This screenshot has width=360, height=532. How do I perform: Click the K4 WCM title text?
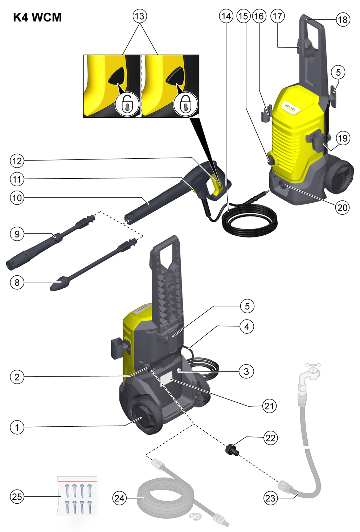point(37,17)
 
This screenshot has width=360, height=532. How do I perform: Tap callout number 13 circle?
point(140,16)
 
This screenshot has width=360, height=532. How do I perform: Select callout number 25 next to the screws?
point(17,497)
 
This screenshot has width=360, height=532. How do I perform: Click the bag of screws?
point(77,496)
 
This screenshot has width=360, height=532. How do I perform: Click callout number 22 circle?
point(270,438)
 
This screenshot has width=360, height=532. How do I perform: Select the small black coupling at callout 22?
point(232,448)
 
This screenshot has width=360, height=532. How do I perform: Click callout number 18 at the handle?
point(343,19)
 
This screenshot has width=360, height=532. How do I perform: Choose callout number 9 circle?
point(17,234)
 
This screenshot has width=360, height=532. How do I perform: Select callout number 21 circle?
point(269,406)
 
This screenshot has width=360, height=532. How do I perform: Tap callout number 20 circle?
point(342,208)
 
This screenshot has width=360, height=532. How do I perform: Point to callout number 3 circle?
point(246,371)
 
